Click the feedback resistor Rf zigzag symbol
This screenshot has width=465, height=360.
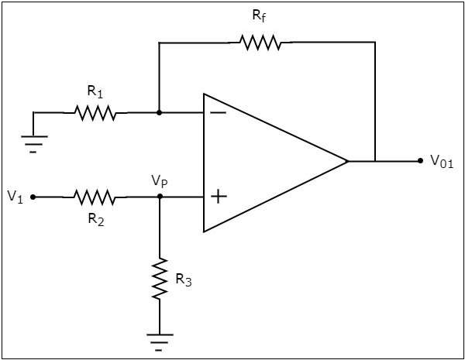260,43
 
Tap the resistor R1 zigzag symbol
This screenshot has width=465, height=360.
95,113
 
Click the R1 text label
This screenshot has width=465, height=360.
95,91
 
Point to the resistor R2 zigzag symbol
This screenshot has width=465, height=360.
95,197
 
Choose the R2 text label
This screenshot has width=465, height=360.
95,219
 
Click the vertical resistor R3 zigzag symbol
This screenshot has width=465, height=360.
160,279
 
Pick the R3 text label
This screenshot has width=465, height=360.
184,280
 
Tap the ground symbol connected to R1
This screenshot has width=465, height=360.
33,142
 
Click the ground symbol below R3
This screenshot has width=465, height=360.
160,340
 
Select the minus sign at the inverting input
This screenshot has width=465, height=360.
219,113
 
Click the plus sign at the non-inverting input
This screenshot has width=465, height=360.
219,197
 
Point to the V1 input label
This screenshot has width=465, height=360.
15,197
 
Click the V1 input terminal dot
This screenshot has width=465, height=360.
33,197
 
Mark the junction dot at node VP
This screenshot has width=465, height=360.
160,197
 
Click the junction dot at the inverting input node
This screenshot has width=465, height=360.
159,113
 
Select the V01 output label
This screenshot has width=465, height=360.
442,162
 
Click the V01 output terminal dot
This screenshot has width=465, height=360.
420,161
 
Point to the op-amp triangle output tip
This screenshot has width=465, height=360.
347,162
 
